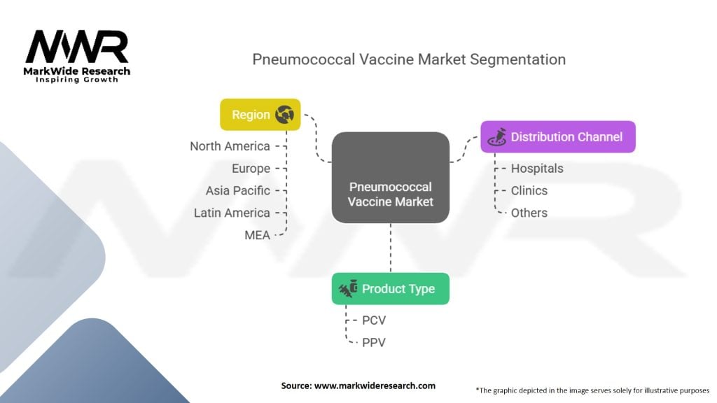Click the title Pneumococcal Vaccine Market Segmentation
[408, 59]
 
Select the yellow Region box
[260, 115]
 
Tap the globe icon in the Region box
[284, 115]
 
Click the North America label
[230, 146]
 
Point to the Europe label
[251, 169]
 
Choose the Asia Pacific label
[237, 190]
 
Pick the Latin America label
[232, 213]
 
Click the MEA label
[257, 235]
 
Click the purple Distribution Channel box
[557, 137]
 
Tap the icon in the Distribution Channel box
[496, 137]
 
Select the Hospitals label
[536, 169]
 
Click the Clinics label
[529, 190]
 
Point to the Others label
[529, 213]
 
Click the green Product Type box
[390, 288]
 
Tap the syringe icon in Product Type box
[348, 288]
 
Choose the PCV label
[374, 320]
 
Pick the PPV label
[374, 342]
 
